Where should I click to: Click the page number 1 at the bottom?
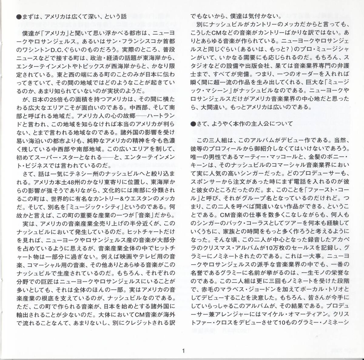(183, 351)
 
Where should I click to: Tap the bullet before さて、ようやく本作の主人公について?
(193, 124)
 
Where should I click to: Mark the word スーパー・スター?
(51, 158)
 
